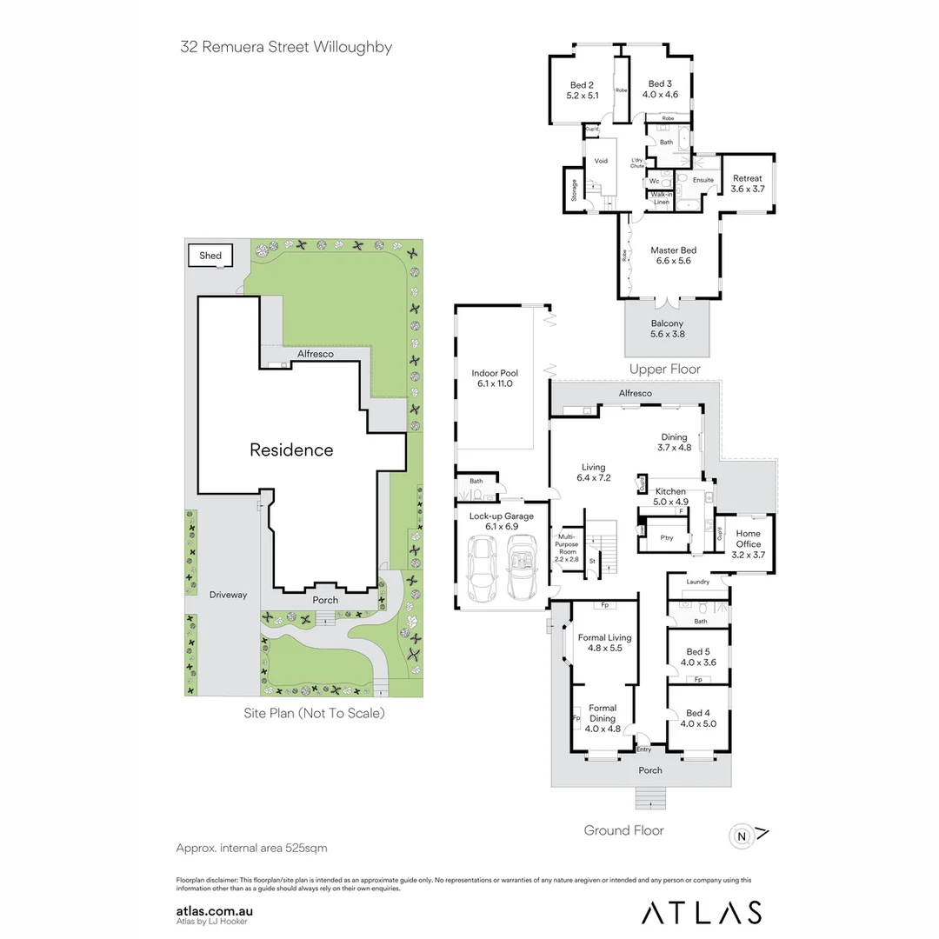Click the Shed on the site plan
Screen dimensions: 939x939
click(x=210, y=256)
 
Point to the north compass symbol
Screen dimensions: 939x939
click(x=742, y=836)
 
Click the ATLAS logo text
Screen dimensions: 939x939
click(x=702, y=912)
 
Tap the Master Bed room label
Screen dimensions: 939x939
click(x=673, y=256)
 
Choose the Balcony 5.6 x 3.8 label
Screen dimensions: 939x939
click(x=667, y=329)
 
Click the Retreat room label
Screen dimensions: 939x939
click(x=747, y=183)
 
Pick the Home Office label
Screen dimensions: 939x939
click(x=748, y=539)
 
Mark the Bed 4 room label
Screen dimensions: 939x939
click(x=698, y=718)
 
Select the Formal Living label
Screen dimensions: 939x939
click(x=604, y=643)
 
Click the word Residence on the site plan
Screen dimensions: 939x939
click(x=291, y=450)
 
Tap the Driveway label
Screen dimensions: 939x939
click(x=228, y=596)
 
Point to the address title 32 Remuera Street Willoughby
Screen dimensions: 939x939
click(x=286, y=47)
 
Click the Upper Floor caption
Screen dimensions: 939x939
click(x=665, y=369)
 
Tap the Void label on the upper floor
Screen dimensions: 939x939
click(x=601, y=161)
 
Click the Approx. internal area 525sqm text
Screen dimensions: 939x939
click(x=251, y=848)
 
